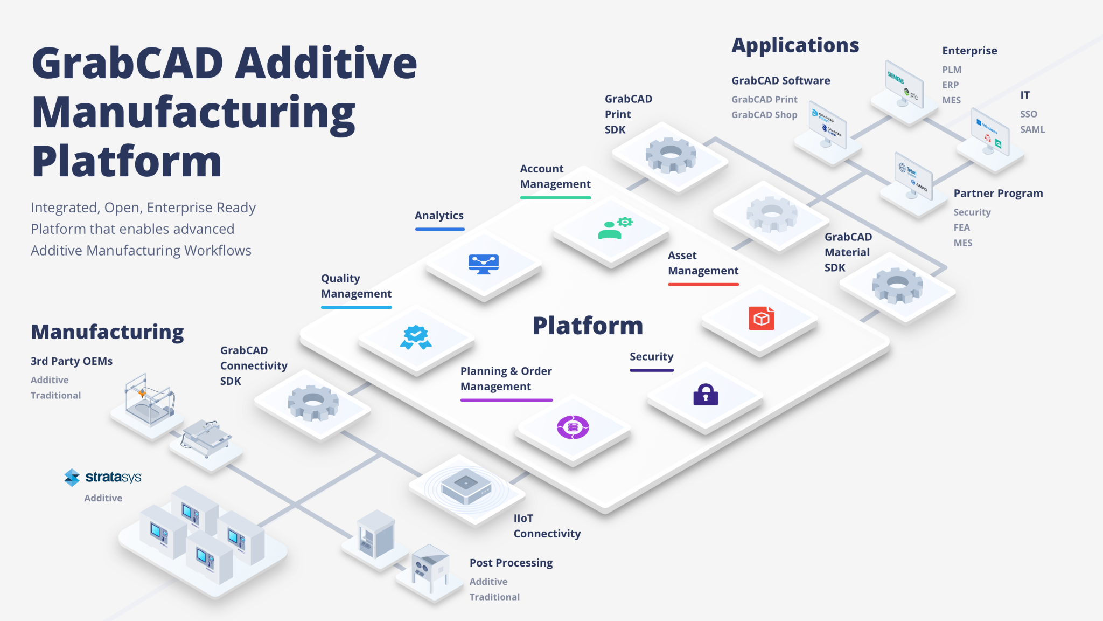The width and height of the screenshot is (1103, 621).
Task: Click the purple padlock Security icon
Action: click(706, 395)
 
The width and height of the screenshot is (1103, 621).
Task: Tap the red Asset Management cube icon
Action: click(761, 318)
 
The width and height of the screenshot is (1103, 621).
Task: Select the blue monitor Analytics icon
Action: click(484, 264)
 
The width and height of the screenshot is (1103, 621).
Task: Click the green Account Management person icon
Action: click(615, 229)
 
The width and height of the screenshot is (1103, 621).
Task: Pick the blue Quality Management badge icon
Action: click(415, 337)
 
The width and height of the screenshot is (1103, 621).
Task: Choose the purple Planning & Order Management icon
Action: click(573, 427)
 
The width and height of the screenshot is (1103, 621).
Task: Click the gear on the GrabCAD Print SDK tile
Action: click(671, 155)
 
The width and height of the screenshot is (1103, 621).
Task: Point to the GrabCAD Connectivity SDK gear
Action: click(313, 402)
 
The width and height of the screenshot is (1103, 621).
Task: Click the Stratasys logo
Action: click(102, 477)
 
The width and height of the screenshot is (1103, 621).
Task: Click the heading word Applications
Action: click(795, 45)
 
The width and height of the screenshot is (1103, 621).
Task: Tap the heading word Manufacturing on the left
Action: click(107, 332)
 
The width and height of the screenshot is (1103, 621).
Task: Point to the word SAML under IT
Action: click(1032, 129)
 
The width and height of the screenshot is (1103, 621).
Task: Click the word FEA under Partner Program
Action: click(961, 227)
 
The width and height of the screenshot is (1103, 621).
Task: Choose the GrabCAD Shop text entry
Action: click(764, 115)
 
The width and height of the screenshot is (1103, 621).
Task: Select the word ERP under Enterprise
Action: click(950, 85)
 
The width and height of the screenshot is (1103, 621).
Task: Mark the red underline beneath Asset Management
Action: click(703, 284)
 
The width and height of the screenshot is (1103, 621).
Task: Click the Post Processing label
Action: click(511, 563)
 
